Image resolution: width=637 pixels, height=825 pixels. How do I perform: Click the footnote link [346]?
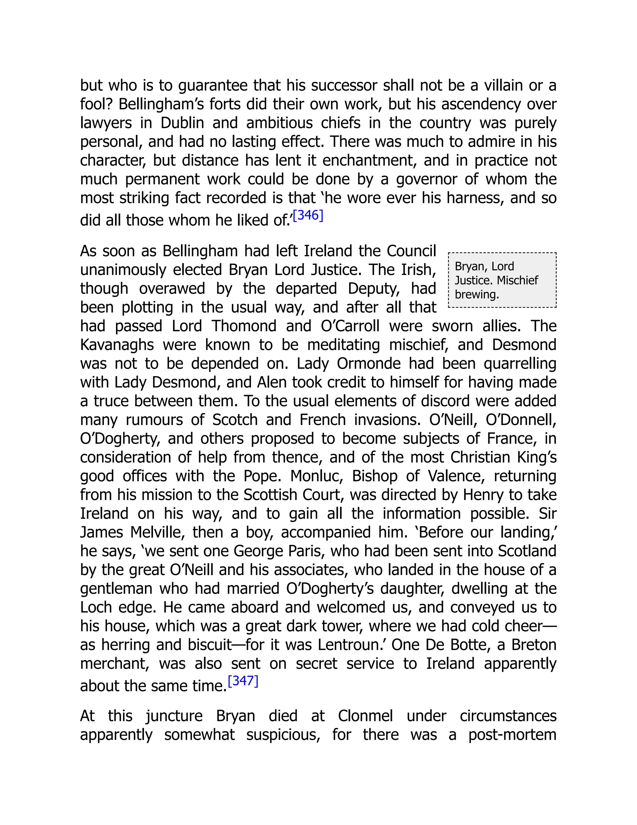tap(308, 215)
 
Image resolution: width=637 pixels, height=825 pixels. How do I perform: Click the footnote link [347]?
tap(243, 681)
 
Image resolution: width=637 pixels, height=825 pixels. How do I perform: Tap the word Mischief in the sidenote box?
tap(517, 280)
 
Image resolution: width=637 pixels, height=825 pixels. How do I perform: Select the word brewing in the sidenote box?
tap(477, 294)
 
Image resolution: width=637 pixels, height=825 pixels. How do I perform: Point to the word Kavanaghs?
tap(117, 345)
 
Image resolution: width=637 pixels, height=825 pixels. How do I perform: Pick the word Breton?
tap(534, 645)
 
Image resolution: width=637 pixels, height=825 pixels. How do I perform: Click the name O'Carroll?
tap(350, 326)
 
